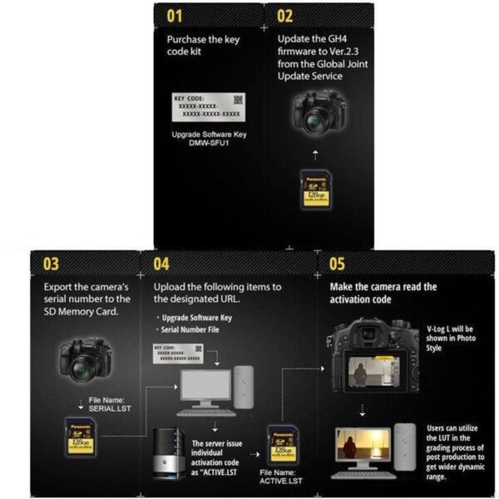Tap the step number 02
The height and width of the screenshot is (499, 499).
284,16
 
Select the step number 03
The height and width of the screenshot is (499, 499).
51,264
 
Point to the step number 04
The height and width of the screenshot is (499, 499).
161,264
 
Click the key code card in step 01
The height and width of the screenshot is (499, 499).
208,108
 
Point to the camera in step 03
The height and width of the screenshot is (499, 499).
84,358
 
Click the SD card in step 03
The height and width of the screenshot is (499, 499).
80,437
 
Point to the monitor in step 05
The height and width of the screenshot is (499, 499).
361,448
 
